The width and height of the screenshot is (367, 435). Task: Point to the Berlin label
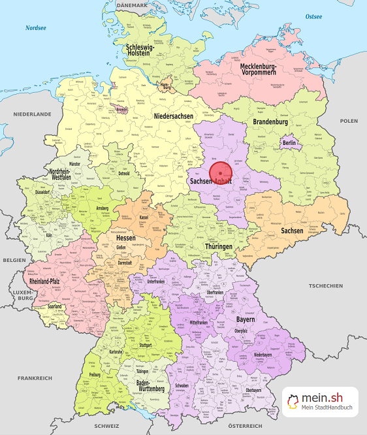pyautogui.click(x=289, y=143)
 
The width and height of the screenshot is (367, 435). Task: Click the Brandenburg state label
pyautogui.click(x=270, y=122)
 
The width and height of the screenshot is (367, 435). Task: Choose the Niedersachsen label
pyautogui.click(x=173, y=116)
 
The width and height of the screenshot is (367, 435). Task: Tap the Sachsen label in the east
pyautogui.click(x=292, y=231)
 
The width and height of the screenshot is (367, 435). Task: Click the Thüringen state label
pyautogui.click(x=218, y=246)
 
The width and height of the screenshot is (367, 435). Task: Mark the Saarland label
pyautogui.click(x=55, y=306)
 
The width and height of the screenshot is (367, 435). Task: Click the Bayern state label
pyautogui.click(x=245, y=321)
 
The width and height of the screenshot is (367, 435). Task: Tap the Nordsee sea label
pyautogui.click(x=37, y=27)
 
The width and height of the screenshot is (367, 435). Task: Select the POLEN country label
pyautogui.click(x=349, y=121)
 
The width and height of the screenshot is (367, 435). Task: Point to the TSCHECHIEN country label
pyautogui.click(x=325, y=286)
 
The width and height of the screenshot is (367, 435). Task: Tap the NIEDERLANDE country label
pyautogui.click(x=31, y=114)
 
